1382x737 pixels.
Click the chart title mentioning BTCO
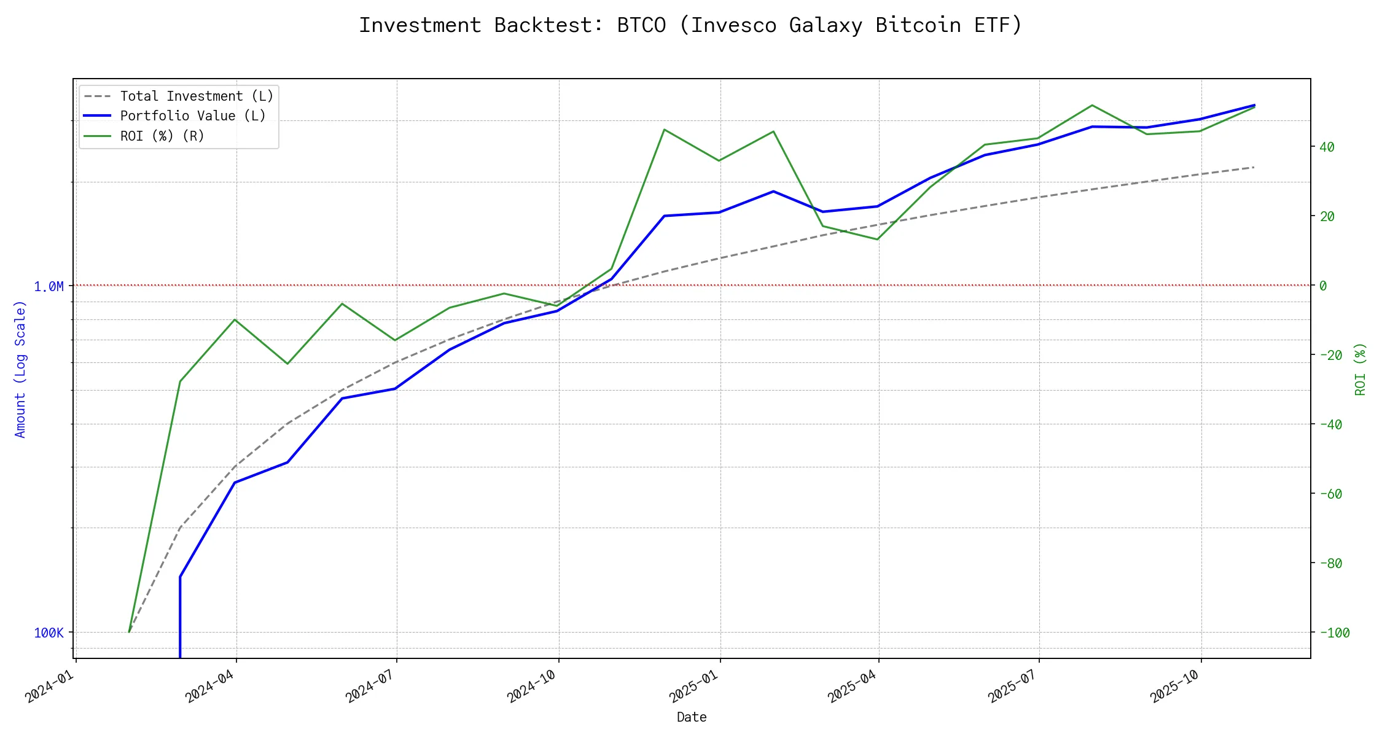(690, 25)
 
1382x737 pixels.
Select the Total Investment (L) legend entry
(197, 96)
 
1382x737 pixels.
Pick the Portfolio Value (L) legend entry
(193, 116)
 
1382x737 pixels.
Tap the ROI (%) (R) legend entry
(162, 136)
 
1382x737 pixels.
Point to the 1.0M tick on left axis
(49, 286)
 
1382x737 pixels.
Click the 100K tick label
(49, 633)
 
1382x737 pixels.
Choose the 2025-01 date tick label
(693, 685)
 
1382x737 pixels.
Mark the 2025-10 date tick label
(1174, 685)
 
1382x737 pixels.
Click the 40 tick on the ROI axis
(1327, 147)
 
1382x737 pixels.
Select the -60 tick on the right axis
(1330, 494)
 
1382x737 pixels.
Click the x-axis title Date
(692, 717)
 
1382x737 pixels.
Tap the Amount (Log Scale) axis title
(20, 368)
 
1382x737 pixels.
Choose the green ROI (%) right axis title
(1361, 368)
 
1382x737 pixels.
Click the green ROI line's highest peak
(1091, 106)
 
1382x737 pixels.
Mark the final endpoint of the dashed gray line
(1254, 167)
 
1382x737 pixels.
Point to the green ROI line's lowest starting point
(129, 631)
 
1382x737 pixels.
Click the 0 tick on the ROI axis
(1323, 286)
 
